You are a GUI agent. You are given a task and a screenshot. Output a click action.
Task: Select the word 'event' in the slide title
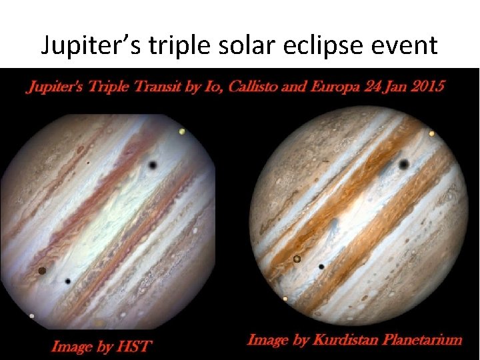[x=407, y=45]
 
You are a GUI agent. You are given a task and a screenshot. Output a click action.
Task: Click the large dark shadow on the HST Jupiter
[x=153, y=165]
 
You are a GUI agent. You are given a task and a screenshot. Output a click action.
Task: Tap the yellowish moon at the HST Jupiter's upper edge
[x=182, y=132]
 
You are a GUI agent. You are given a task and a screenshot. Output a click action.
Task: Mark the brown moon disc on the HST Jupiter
[x=42, y=271]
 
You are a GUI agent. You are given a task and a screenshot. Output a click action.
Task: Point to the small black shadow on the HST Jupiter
[x=68, y=281]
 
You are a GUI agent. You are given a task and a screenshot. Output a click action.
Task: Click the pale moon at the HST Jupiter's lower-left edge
[x=32, y=315]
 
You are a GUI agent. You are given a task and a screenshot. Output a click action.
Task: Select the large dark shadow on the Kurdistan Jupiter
[x=404, y=164]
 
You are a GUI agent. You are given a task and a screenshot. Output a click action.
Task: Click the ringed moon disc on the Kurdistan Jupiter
[x=297, y=258]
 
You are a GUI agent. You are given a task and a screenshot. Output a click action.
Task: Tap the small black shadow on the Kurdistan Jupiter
[x=321, y=267]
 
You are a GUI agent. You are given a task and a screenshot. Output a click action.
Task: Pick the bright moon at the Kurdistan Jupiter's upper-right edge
[x=432, y=134]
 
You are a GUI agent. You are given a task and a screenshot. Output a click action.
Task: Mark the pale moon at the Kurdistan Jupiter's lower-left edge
[x=285, y=299]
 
